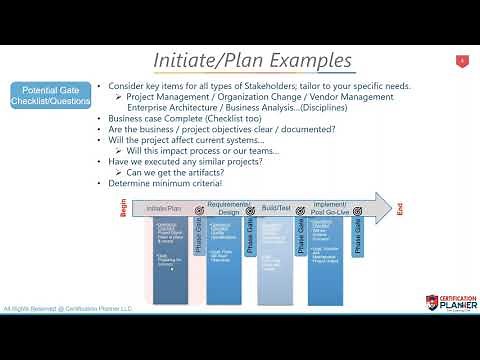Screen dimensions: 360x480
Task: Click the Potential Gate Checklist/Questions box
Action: click(x=50, y=95)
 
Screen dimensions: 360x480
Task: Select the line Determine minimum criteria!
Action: click(x=165, y=184)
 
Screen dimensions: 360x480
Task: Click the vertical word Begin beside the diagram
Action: click(x=124, y=209)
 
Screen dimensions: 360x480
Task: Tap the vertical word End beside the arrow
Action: click(x=400, y=209)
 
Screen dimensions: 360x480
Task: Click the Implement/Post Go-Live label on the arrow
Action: click(x=329, y=209)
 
